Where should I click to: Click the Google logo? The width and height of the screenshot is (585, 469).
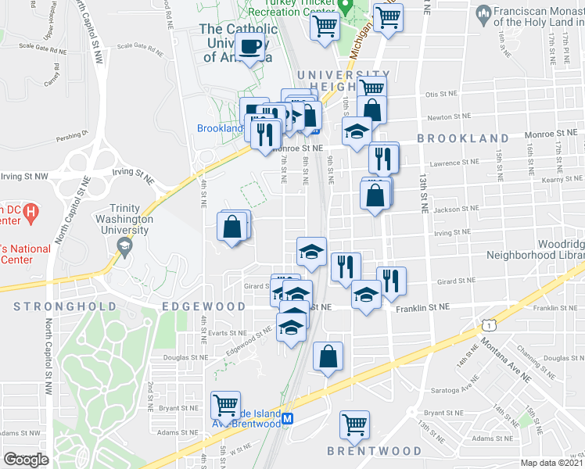click(27, 460)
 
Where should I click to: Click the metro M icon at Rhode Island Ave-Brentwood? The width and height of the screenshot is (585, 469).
click(288, 419)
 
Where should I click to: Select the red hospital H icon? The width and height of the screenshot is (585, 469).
click(31, 211)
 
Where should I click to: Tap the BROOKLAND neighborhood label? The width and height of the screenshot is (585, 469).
click(462, 138)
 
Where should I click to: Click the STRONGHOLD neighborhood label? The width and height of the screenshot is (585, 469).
click(65, 306)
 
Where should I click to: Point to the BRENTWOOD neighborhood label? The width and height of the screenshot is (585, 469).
click(374, 451)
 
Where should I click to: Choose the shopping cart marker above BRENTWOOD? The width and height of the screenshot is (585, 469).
click(354, 424)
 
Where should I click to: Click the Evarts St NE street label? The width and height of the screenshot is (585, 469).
click(228, 332)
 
